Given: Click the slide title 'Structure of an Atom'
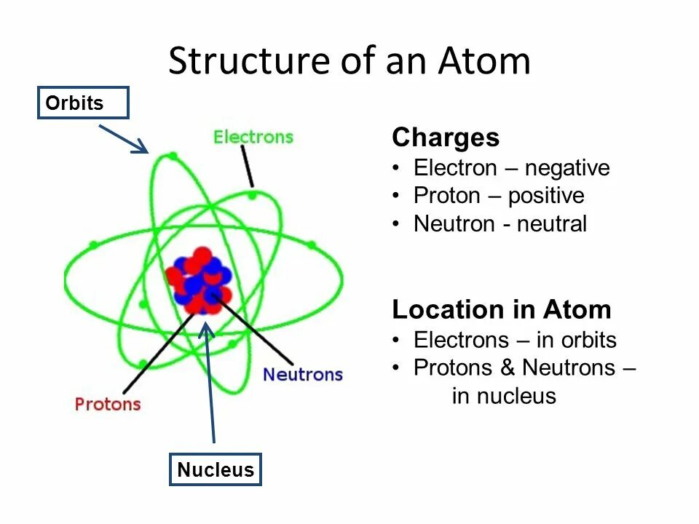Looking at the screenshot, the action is [349, 61].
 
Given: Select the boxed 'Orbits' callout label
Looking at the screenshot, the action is [83, 103].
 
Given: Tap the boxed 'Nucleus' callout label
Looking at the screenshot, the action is [216, 469].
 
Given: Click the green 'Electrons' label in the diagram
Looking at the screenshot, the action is [253, 137].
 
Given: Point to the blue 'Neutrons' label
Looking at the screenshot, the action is [302, 375].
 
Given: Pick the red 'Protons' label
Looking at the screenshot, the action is [108, 403].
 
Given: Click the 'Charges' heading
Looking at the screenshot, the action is [446, 138].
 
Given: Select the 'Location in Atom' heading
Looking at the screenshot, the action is [502, 310].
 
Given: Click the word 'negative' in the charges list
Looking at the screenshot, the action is [567, 168].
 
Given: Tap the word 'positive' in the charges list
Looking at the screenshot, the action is [546, 196].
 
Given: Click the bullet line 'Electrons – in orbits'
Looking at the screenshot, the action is [515, 340].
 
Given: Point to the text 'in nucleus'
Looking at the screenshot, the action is [504, 396].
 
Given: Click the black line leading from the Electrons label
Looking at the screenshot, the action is [247, 166].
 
